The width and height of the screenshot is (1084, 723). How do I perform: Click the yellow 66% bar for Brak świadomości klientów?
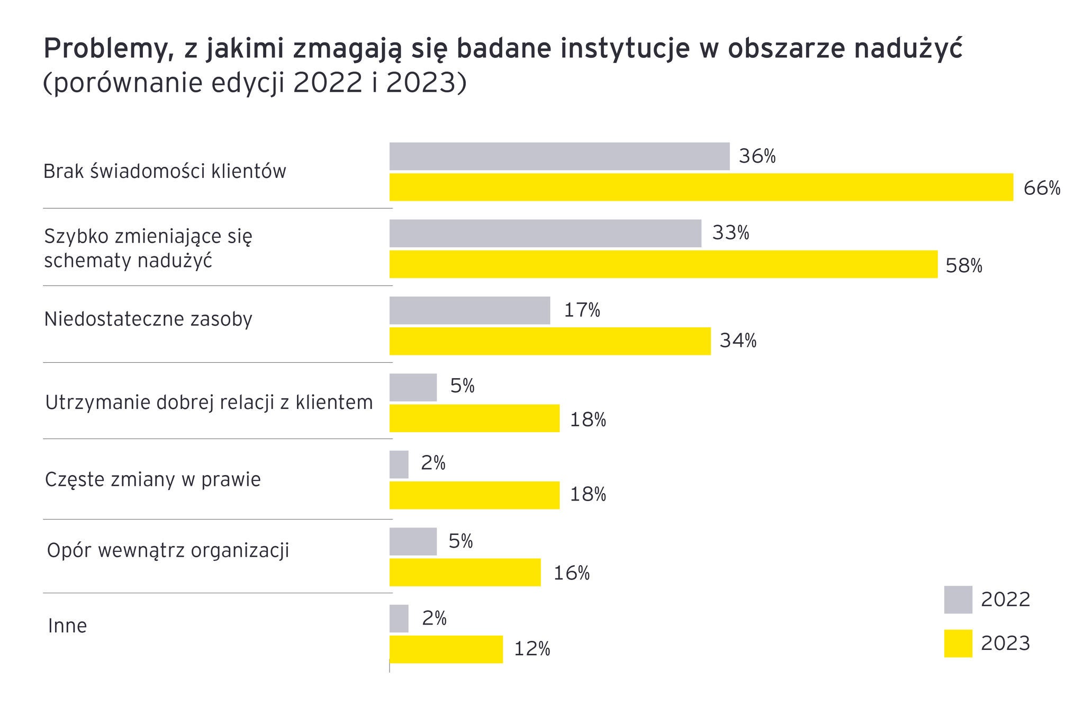[x=701, y=187]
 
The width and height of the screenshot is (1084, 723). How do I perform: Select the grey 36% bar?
[x=559, y=156]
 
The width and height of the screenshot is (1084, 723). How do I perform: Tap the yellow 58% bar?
[x=663, y=264]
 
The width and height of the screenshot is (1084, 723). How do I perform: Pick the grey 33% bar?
[x=545, y=234]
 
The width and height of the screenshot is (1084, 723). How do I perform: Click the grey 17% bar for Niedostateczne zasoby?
[x=469, y=310]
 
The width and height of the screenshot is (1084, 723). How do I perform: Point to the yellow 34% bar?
[x=549, y=341]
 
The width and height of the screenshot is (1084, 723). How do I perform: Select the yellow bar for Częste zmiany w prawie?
[x=474, y=495]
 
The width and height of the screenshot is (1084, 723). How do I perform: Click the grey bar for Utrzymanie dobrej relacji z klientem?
[x=413, y=387]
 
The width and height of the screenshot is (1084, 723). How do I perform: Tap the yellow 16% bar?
[x=465, y=572]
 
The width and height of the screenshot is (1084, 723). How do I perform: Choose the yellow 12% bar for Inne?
[x=446, y=649]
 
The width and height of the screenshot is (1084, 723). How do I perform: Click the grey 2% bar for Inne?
[x=399, y=618]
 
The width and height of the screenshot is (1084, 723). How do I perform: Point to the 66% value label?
[x=1042, y=188]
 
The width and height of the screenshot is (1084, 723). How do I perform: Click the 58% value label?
[x=964, y=265]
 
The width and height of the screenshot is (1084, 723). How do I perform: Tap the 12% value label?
[x=532, y=649]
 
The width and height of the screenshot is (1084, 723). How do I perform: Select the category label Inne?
[x=67, y=626]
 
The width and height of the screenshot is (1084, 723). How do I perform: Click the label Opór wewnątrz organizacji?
[x=168, y=551]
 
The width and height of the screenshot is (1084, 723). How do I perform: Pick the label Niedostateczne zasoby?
[x=148, y=319]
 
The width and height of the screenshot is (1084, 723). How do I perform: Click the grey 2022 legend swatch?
[x=958, y=600]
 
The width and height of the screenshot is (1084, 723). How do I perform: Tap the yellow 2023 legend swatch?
[x=958, y=643]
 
